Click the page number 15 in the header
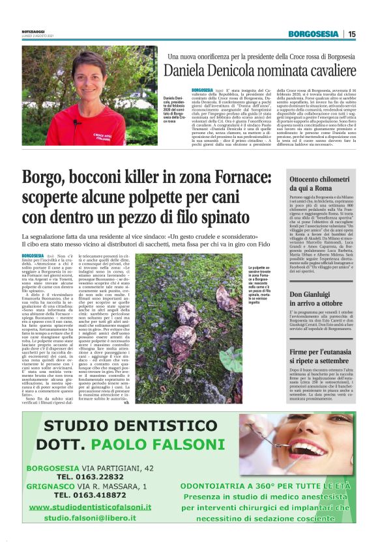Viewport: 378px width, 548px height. pyautogui.click(x=351, y=34)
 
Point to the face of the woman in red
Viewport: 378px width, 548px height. pyautogui.click(x=85, y=74)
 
